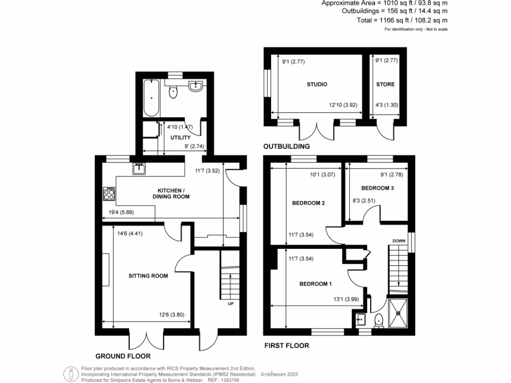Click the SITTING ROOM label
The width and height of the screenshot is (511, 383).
148,276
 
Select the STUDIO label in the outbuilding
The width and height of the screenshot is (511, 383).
317,84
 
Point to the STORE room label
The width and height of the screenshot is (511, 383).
385,84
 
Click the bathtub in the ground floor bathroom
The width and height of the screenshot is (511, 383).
150,97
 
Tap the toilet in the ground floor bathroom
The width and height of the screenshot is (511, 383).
173,91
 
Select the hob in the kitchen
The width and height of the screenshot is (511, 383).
108,193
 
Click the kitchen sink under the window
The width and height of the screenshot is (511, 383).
139,170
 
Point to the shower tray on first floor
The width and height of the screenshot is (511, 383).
399,313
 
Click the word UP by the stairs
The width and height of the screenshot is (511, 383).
231,303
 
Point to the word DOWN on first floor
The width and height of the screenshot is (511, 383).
399,240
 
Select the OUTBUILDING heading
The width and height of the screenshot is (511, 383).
286,147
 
